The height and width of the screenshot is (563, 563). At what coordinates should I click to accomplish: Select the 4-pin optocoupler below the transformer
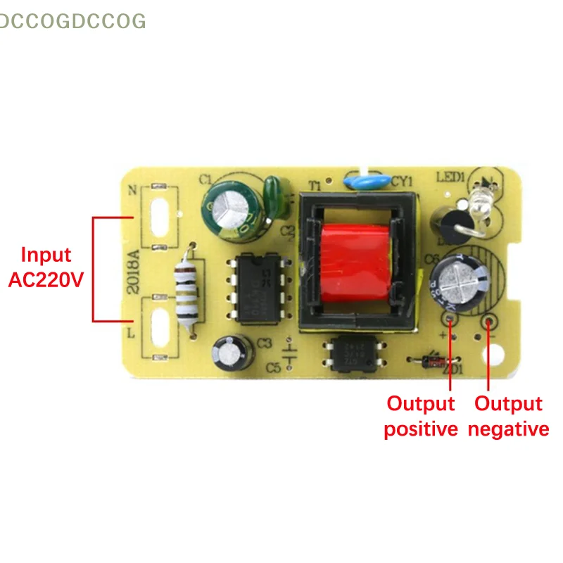coord(345,352)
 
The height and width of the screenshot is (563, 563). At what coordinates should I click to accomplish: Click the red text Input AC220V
coord(46,267)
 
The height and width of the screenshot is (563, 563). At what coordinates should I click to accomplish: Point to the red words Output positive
coord(421,416)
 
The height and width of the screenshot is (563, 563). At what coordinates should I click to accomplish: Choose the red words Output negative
coord(508,416)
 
